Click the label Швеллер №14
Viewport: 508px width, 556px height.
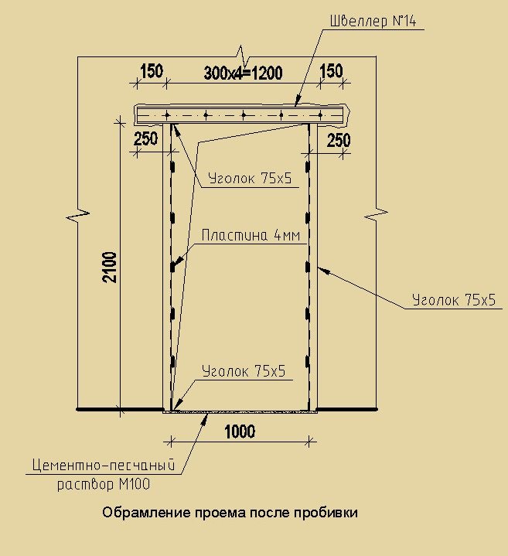(x=373, y=21)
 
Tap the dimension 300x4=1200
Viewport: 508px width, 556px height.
(x=244, y=73)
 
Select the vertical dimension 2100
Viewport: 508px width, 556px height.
(x=110, y=268)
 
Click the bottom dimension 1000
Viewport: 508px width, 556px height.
(x=240, y=431)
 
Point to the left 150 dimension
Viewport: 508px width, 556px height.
(x=152, y=71)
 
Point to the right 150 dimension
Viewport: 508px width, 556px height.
(x=332, y=71)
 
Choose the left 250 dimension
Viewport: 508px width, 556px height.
(x=145, y=139)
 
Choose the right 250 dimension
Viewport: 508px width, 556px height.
(x=339, y=141)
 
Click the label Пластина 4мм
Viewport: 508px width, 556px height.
(x=251, y=235)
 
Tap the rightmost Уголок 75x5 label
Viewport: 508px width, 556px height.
(x=454, y=300)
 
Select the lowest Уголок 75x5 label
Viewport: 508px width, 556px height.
(x=244, y=371)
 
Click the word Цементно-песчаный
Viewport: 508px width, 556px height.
(x=104, y=465)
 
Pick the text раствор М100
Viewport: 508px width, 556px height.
(x=104, y=484)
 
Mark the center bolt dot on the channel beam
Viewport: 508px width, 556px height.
(x=244, y=115)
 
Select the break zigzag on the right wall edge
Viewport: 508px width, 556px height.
(x=376, y=214)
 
